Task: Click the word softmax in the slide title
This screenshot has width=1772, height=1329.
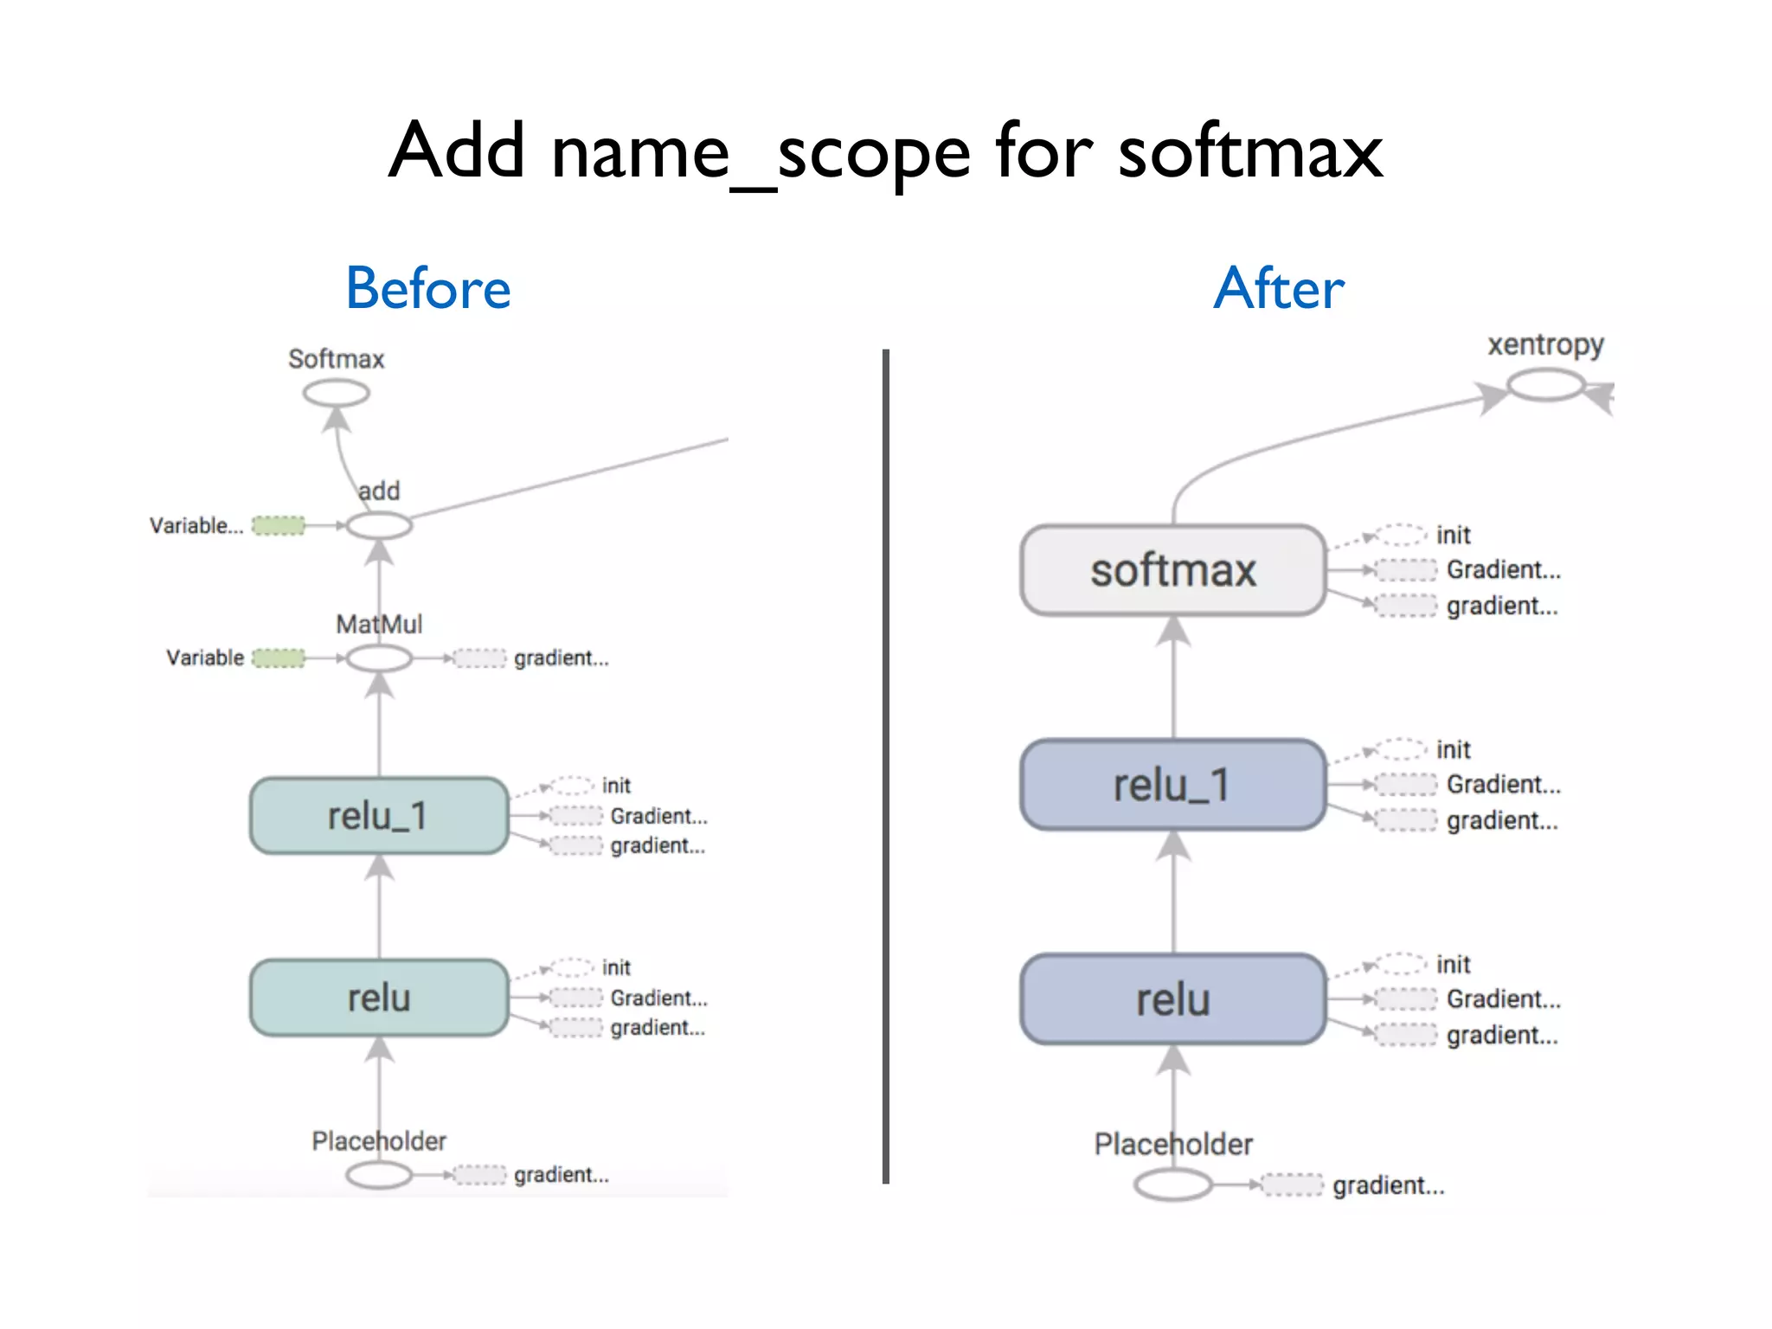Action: (1249, 151)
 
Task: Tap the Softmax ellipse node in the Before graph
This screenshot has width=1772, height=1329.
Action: (337, 394)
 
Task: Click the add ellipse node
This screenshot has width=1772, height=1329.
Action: (379, 525)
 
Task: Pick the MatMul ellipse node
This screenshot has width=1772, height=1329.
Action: (379, 658)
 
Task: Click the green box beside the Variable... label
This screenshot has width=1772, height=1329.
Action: (279, 525)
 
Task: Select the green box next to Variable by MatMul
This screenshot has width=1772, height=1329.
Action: (279, 658)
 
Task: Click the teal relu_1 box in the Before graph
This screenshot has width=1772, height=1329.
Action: (379, 816)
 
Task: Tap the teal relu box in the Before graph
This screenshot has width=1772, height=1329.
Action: (379, 998)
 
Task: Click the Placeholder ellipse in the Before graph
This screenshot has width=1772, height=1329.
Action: (379, 1174)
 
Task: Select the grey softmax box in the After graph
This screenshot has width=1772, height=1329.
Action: (1173, 570)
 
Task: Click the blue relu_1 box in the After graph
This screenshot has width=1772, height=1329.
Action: (1173, 785)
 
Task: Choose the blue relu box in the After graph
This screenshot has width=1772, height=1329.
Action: (1173, 999)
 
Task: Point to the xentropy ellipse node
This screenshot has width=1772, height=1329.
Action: (1545, 385)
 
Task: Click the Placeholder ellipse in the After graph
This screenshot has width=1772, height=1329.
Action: (1173, 1185)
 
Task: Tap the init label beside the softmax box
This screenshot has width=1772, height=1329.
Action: (1453, 536)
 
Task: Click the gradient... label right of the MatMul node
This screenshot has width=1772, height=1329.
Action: (562, 658)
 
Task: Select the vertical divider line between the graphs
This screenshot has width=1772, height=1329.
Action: (886, 766)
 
